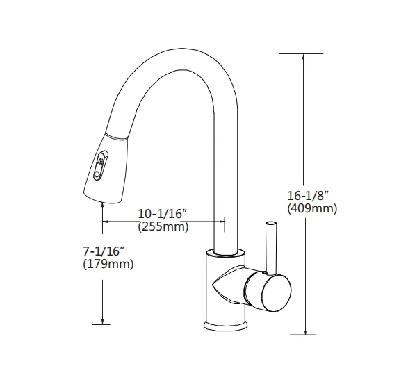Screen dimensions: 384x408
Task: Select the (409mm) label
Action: pos(311,208)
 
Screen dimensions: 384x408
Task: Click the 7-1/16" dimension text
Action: pos(105,251)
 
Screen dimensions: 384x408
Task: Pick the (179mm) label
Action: pos(108,265)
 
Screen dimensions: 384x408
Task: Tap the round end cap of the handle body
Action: pos(274,290)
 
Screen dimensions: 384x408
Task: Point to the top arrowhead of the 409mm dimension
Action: pos(304,58)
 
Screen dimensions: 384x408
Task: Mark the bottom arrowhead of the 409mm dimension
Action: pos(304,329)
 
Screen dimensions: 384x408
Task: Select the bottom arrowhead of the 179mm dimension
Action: pos(103,319)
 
